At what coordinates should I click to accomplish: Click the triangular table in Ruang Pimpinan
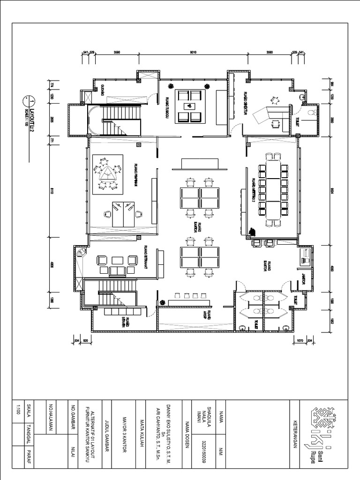107,174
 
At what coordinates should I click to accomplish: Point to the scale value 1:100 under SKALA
18,408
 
